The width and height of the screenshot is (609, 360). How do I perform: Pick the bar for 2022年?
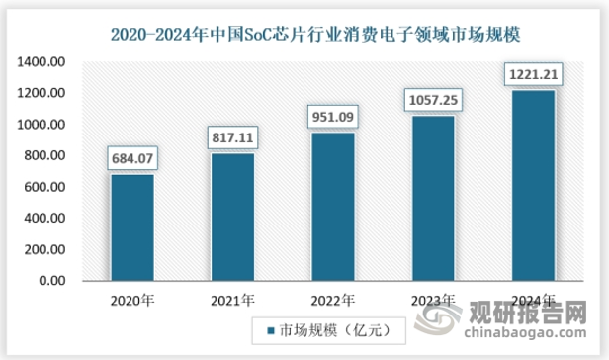tap(332, 207)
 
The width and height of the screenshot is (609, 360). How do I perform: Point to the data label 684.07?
tap(132, 157)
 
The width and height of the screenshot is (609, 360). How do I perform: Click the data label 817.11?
tap(232, 136)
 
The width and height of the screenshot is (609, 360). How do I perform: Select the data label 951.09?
tap(332, 116)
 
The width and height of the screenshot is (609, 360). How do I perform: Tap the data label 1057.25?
tap(432, 99)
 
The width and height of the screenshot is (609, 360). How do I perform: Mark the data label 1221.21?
tap(532, 73)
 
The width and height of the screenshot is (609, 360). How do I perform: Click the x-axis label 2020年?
tap(132, 300)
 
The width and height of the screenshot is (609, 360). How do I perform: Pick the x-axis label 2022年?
tap(332, 300)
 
